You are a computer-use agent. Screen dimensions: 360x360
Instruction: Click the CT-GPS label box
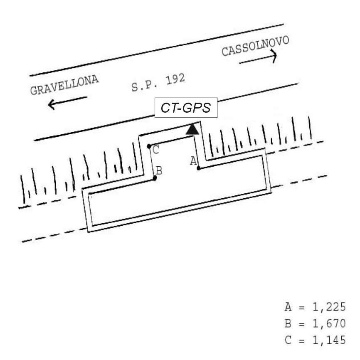point(186,107)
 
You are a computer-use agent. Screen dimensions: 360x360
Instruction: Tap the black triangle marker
point(192,129)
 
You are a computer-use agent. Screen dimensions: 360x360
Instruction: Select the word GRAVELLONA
point(64,85)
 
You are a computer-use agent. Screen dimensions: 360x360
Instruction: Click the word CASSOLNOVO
point(255,46)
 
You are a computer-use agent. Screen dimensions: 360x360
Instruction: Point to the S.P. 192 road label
point(158,82)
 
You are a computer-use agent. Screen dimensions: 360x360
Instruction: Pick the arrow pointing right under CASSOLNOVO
point(258,57)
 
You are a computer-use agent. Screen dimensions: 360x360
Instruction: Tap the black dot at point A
point(199,168)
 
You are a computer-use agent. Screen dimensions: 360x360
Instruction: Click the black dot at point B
point(155,178)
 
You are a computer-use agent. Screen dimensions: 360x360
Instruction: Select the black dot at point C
point(149,146)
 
